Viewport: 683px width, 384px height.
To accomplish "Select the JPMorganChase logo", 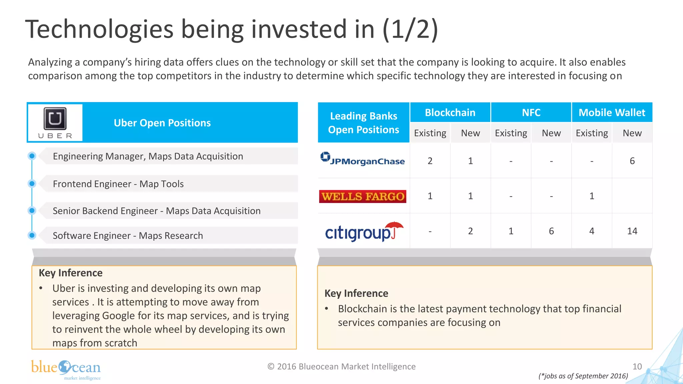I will [363, 159].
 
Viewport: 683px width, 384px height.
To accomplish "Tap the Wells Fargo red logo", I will [363, 196].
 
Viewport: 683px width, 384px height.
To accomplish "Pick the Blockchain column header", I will [450, 113].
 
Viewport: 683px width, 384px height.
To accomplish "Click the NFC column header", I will [531, 113].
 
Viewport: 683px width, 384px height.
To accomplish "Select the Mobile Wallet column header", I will [612, 113].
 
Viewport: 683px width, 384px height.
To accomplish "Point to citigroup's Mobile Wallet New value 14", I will [632, 231].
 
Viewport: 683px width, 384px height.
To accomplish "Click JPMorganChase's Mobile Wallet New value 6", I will [632, 161].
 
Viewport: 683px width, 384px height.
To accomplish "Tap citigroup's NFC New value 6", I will [551, 231].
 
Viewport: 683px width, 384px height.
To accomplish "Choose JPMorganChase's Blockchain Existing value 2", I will [430, 161].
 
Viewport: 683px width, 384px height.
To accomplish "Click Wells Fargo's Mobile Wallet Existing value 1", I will [592, 196].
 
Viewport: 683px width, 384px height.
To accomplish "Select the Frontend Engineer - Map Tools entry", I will [118, 184].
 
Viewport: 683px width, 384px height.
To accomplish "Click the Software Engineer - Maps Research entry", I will [128, 236].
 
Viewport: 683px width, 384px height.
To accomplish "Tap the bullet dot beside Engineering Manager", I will [32, 156].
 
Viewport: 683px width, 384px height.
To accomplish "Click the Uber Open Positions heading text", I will [162, 123].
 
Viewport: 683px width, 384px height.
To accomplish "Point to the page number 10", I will [637, 367].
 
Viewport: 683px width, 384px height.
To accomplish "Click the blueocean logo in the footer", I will [66, 369].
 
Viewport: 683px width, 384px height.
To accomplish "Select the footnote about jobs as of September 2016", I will [583, 376].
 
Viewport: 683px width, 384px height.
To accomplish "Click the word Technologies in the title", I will [99, 29].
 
